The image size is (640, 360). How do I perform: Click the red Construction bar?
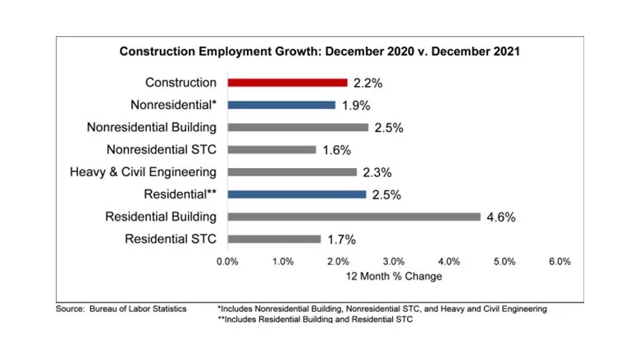tap(287, 82)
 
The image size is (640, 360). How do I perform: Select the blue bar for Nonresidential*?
tap(281, 105)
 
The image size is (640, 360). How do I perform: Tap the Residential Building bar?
tap(354, 216)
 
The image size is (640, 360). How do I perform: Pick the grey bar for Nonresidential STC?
tap(272, 149)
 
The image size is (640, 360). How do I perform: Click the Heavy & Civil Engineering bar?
tap(292, 172)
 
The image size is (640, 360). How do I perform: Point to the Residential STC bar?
tap(274, 239)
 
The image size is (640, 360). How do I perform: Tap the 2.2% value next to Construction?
tap(368, 83)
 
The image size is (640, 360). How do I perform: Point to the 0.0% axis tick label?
tap(227, 262)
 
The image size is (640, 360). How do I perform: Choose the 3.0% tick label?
tap(393, 262)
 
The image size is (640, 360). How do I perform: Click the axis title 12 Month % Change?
tap(394, 276)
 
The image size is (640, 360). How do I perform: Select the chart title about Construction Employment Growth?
tap(320, 51)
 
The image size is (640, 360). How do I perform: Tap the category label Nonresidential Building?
tap(152, 127)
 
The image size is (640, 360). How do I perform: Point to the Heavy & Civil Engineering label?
tap(144, 172)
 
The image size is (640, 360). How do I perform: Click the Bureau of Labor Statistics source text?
tap(121, 309)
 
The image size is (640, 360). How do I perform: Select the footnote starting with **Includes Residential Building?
tap(315, 320)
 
